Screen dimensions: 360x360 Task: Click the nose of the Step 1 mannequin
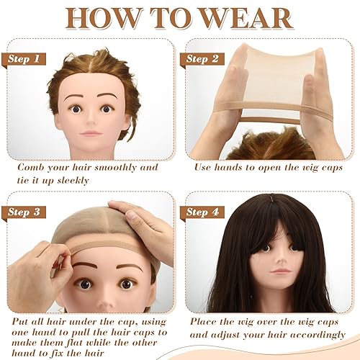[92, 120]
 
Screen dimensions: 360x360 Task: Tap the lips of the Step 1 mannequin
[92, 135]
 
